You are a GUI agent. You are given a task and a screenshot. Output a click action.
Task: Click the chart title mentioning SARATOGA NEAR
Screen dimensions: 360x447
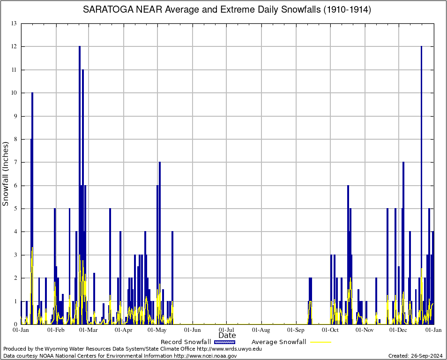227,10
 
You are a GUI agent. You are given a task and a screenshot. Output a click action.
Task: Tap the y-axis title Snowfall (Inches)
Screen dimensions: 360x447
6,174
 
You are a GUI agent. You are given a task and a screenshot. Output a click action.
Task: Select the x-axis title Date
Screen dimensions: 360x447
227,335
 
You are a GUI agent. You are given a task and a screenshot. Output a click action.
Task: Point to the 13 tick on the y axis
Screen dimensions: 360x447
14,23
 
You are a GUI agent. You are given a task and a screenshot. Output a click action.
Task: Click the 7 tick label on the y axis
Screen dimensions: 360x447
15,162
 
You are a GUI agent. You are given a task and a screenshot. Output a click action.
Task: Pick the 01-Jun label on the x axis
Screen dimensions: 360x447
192,330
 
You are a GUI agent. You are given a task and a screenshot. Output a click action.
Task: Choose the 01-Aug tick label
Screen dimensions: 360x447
261,330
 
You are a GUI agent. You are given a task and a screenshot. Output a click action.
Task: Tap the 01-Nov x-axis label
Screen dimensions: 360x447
365,330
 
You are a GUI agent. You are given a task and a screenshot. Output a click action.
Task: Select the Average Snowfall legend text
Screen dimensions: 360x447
279,342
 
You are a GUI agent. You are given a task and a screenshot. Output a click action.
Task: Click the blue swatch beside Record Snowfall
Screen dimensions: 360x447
224,342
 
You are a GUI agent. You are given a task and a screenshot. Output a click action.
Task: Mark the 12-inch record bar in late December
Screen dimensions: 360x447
422,187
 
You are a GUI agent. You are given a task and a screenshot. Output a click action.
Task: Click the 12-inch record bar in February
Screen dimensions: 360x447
80,187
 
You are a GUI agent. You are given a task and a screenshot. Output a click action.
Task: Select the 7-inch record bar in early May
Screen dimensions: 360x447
160,244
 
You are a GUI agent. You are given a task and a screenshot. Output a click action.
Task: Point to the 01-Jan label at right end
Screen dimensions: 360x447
433,330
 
